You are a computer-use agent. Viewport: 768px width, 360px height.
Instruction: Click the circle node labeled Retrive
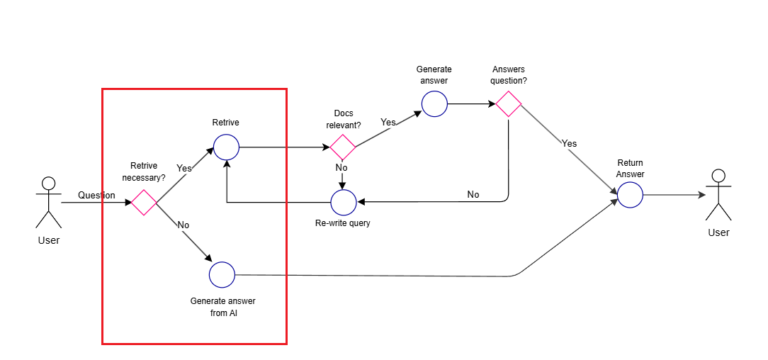coord(225,149)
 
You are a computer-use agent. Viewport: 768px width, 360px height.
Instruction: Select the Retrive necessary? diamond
coord(143,203)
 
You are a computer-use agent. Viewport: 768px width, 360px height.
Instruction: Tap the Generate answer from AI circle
coord(221,274)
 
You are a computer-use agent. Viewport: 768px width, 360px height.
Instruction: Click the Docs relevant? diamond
coord(343,149)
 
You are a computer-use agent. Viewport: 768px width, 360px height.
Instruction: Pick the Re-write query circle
coord(343,203)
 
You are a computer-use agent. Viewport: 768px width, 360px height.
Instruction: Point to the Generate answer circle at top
coord(433,103)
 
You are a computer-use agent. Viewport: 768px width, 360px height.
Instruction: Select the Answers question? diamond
coord(509,103)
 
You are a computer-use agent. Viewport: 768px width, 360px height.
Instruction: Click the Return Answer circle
coord(629,195)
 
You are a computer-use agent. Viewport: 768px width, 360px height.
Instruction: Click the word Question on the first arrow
coord(96,195)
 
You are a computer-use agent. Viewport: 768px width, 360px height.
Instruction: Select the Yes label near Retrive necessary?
coord(184,168)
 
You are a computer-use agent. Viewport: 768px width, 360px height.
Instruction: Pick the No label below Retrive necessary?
coord(183,225)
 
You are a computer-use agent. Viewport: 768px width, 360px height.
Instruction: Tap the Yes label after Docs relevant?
coord(388,122)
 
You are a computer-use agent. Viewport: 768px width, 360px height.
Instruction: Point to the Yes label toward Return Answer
coord(569,143)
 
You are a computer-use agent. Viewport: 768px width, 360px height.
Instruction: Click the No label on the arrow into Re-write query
coord(472,194)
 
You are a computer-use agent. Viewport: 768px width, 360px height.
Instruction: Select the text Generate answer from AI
coord(220,306)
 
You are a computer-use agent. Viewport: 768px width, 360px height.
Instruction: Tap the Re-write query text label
coord(342,223)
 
